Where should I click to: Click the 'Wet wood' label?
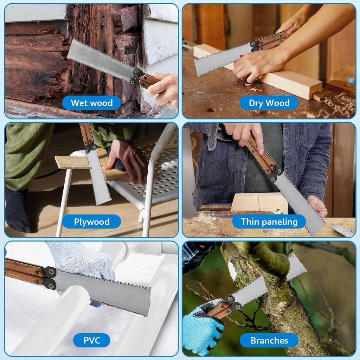[91, 103]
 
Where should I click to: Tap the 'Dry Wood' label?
[269, 103]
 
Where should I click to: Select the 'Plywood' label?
[91, 222]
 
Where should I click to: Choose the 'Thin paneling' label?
[269, 222]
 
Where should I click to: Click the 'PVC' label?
[91, 340]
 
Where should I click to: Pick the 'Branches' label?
[269, 340]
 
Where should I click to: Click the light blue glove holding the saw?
[202, 329]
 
